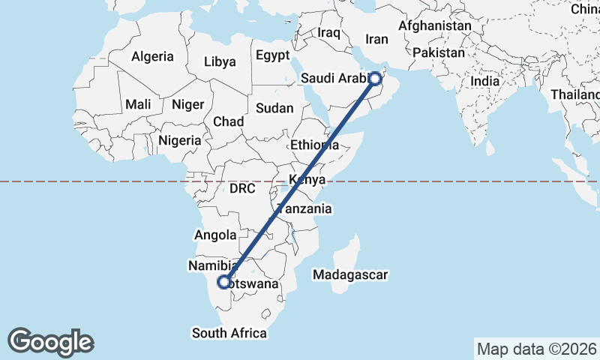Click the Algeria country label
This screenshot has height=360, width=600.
tap(152, 56)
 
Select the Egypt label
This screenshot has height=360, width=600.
tap(272, 55)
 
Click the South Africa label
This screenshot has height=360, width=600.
tap(229, 333)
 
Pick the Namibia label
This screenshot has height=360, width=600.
tap(213, 265)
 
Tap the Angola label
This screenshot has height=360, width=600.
tap(216, 235)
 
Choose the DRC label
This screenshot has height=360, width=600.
tap(242, 188)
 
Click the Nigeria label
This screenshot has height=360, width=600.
tap(179, 140)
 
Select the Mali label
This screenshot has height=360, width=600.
tap(138, 104)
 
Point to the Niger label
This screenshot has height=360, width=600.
tap(187, 104)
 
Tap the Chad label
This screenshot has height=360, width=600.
tap(228, 121)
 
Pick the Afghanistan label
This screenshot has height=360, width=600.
tap(435, 25)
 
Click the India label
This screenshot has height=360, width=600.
tap(486, 81)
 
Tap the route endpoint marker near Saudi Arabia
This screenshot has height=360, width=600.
tap(376, 77)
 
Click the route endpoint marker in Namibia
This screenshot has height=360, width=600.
tap(223, 282)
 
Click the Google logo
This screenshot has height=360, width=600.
tap(51, 342)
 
